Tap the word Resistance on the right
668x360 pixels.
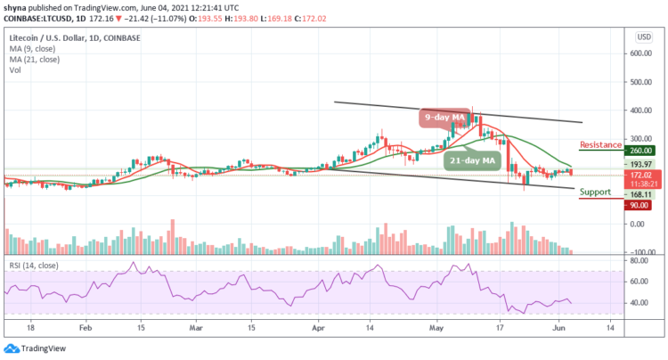600,143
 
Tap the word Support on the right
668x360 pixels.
594,191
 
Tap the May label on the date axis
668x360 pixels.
437,327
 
